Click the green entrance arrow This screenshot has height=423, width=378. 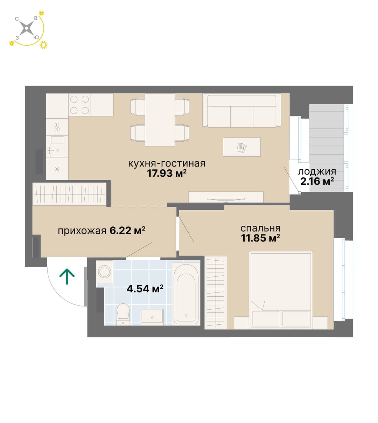[67, 276]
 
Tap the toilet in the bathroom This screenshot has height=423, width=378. [123, 314]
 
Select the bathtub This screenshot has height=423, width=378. [186, 294]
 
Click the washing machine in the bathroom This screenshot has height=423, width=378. [105, 272]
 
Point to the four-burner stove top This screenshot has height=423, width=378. [79, 105]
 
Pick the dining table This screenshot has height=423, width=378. [160, 120]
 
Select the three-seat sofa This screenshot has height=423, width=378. [242, 110]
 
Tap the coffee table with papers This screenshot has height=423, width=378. [241, 147]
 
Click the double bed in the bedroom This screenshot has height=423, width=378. [281, 290]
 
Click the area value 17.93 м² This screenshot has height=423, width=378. [167, 173]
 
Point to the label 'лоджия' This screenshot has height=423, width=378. [317, 172]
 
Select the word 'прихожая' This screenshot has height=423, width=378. [82, 231]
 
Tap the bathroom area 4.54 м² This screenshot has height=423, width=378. [145, 289]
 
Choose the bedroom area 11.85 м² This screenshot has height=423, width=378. [260, 238]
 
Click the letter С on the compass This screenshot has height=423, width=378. [17, 19]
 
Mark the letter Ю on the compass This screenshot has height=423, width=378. [36, 37]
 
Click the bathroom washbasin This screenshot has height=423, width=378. [152, 317]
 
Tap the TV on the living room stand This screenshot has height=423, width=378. [225, 199]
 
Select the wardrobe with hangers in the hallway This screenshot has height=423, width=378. [70, 194]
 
